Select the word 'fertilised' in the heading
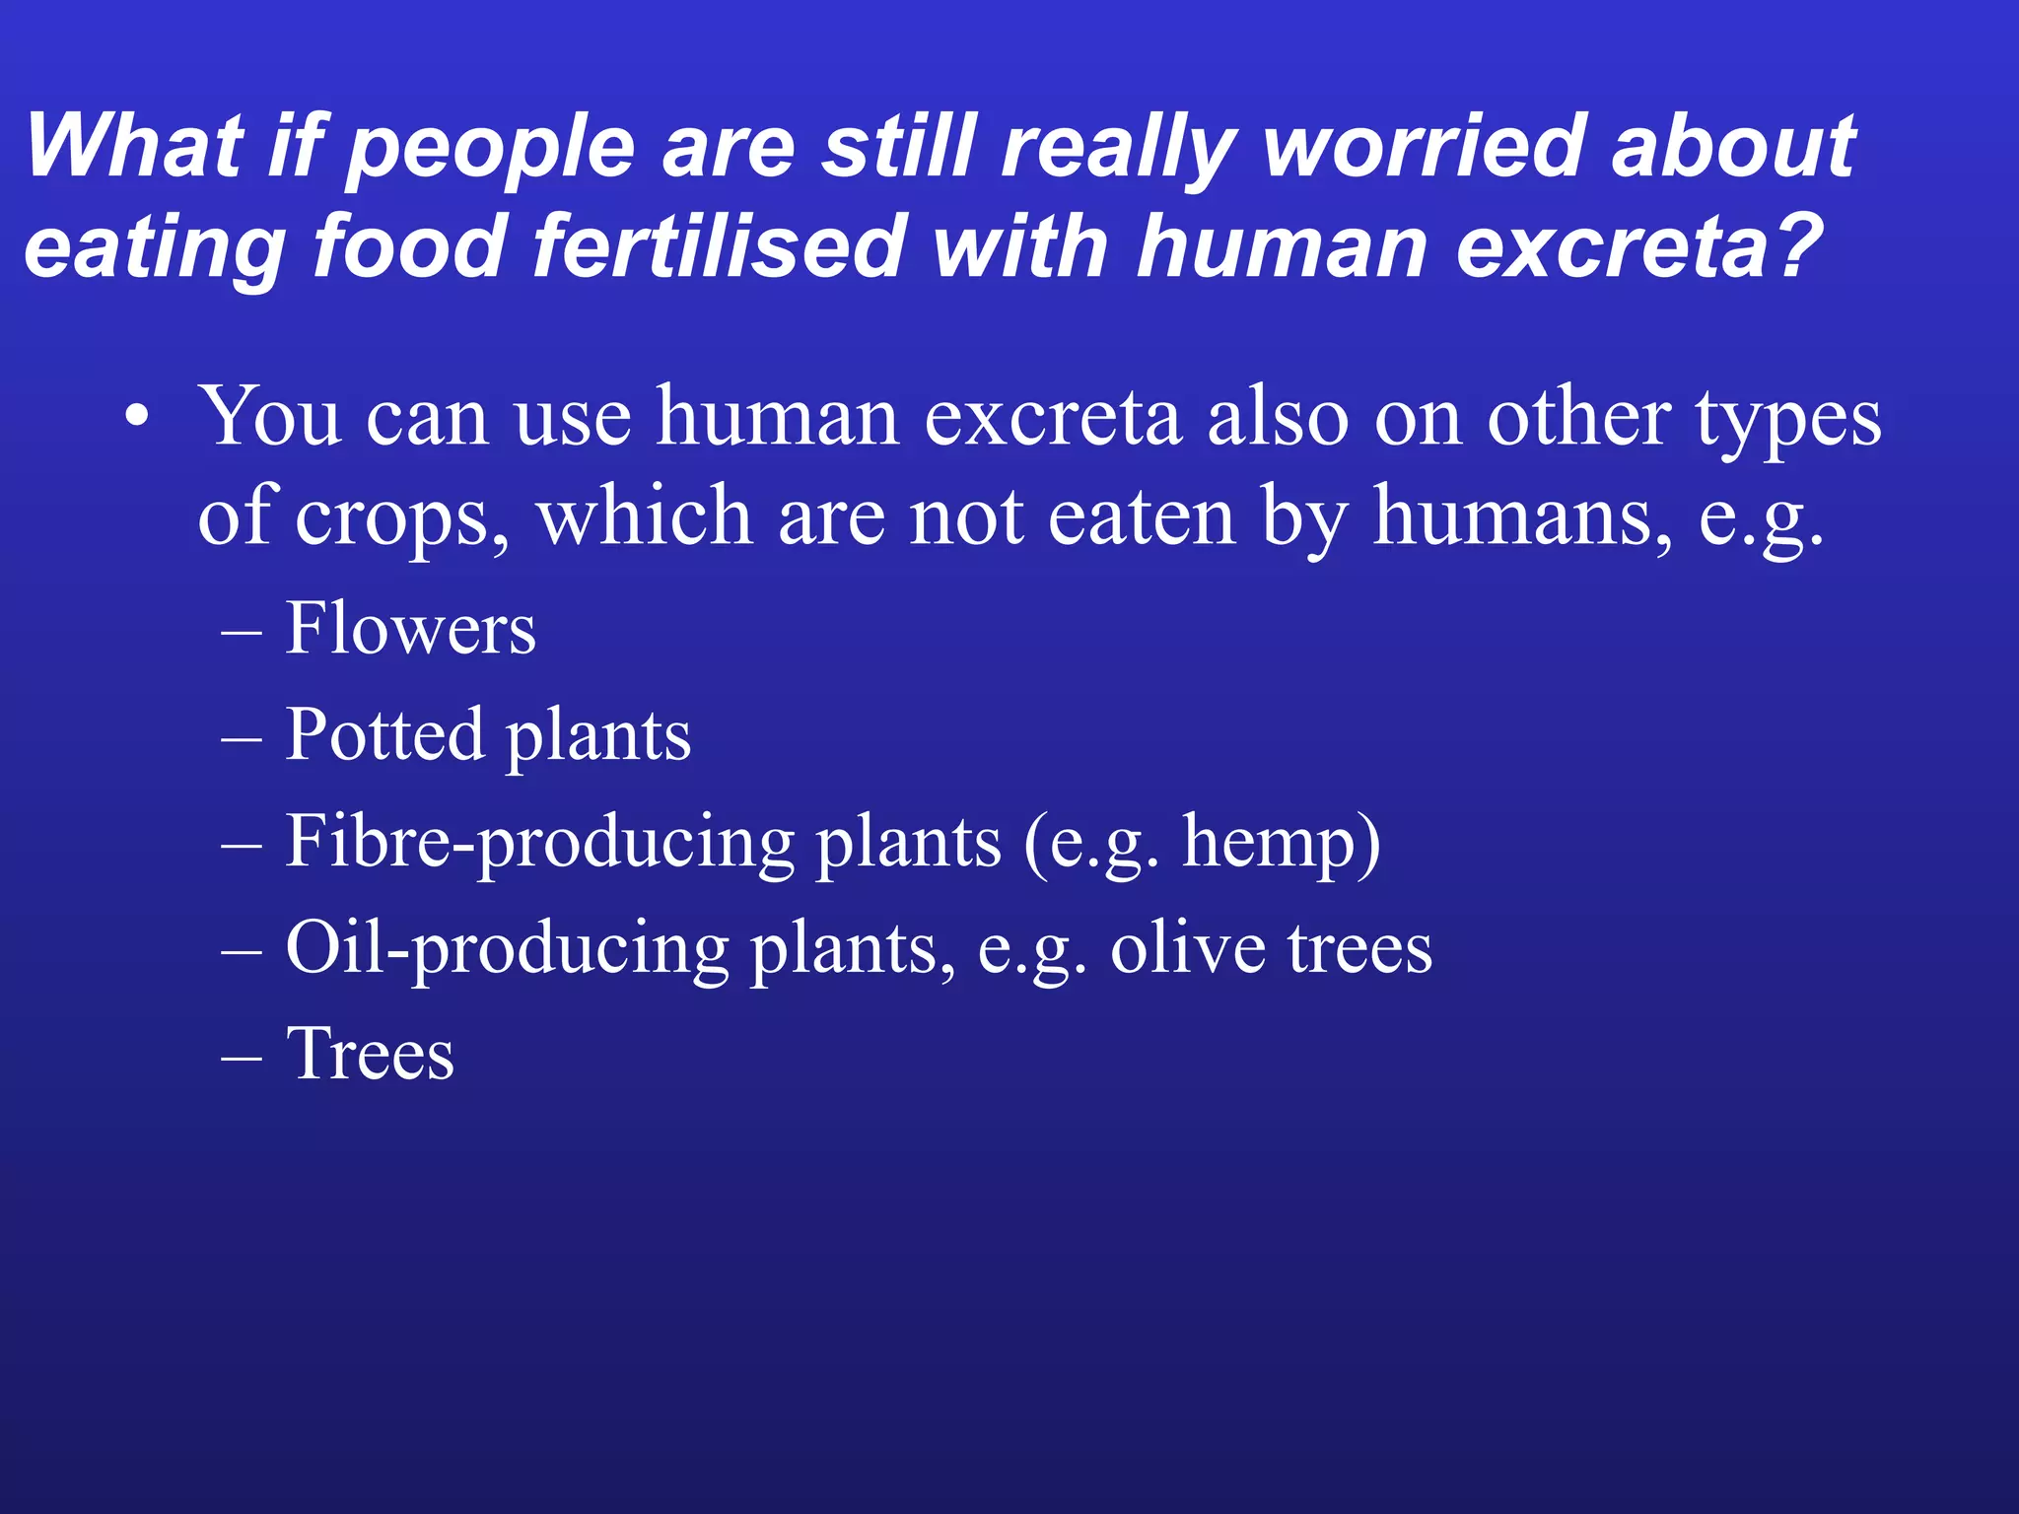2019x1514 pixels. (x=719, y=245)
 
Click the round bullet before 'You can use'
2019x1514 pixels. (x=137, y=419)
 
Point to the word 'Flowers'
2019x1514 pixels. (x=410, y=628)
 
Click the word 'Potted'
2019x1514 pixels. (x=384, y=734)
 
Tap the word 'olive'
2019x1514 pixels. (x=1187, y=948)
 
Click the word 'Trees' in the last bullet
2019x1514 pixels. (x=370, y=1054)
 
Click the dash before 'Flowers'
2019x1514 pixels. (x=242, y=631)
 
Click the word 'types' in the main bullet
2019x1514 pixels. (x=1787, y=419)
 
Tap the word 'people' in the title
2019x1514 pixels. (x=492, y=150)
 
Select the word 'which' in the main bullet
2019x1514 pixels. (x=644, y=517)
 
